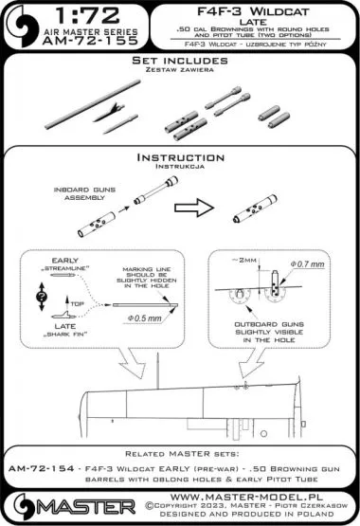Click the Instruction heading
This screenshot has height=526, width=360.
click(x=179, y=157)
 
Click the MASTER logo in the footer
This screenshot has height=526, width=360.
click(x=69, y=503)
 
